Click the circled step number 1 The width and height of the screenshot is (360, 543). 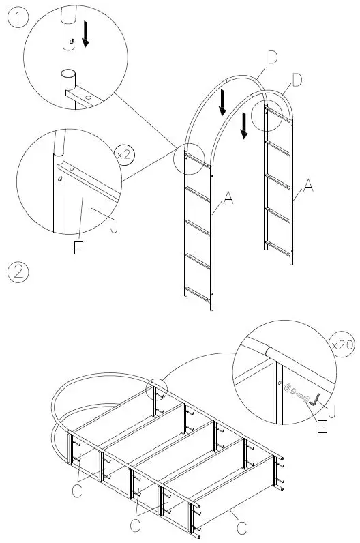pyautogui.click(x=18, y=18)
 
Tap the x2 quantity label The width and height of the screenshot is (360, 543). pyautogui.click(x=124, y=154)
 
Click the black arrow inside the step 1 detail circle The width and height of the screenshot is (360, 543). pyautogui.click(x=85, y=34)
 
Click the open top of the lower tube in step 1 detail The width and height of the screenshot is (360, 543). pyautogui.click(x=67, y=74)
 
